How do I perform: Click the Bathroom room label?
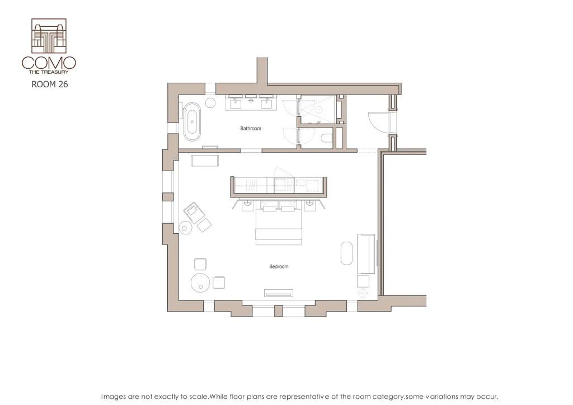[x=251, y=129]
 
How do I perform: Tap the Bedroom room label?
[x=279, y=267]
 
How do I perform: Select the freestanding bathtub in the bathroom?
[x=192, y=120]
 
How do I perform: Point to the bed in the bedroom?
[x=279, y=227]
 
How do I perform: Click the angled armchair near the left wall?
[x=194, y=212]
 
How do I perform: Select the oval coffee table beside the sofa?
[x=347, y=253]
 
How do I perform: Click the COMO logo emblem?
[x=49, y=36]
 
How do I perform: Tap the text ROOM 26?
[x=49, y=85]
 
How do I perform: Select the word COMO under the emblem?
[x=49, y=63]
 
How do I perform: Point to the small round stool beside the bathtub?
[x=211, y=103]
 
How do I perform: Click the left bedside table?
[x=247, y=205]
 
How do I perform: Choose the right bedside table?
[x=311, y=205]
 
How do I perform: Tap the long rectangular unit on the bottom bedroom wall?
[x=279, y=293]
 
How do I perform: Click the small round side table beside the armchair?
[x=185, y=227]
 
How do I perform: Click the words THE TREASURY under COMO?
[x=49, y=72]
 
